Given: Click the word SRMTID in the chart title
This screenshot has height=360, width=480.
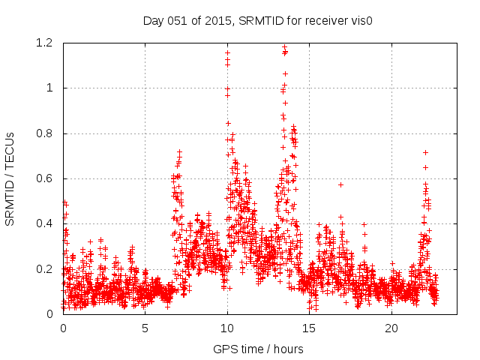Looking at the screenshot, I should click(259, 20).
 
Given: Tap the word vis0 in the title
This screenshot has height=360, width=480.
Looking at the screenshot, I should click(361, 20).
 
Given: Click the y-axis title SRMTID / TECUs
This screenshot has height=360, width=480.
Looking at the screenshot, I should click(10, 178).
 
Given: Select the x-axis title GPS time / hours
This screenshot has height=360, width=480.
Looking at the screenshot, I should click(259, 349).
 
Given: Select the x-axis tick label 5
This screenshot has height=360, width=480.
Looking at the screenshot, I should click(145, 328).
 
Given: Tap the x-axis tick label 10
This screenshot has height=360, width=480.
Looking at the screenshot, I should click(227, 328).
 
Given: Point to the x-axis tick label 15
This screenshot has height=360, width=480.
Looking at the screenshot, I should click(310, 328).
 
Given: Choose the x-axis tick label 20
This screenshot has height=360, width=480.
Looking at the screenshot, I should click(391, 328).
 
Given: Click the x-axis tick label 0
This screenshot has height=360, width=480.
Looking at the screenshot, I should click(63, 328).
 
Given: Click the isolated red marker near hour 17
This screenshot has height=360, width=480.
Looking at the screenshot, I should click(340, 184).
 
